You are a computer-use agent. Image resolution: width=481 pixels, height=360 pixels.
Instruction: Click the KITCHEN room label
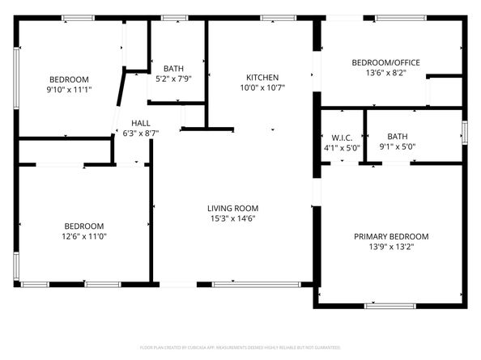tap(262, 78)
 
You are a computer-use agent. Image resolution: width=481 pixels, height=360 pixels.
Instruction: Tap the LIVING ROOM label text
tap(232, 208)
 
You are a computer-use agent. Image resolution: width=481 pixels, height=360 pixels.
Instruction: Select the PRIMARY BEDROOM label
tap(391, 236)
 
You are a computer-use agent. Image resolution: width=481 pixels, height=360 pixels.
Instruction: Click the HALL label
tap(140, 123)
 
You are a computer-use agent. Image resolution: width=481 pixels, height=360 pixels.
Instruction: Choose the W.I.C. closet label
tap(340, 138)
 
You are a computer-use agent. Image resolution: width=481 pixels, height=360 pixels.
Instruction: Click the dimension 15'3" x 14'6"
tap(232, 218)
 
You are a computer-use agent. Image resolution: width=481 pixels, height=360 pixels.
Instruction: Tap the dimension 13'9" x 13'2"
tap(391, 247)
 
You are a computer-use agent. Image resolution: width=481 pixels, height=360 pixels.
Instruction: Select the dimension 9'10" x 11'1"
tap(69, 90)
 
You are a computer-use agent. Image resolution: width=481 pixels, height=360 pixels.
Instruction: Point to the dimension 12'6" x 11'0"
tap(85, 236)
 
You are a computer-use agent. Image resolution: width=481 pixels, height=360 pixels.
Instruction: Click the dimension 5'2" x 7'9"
tap(173, 78)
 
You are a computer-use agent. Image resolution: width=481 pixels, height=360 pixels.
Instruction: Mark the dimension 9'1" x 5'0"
tap(397, 147)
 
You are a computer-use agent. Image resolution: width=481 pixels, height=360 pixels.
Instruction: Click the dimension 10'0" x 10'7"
tap(262, 88)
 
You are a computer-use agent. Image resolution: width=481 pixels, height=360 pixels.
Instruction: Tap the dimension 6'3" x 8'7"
tap(140, 133)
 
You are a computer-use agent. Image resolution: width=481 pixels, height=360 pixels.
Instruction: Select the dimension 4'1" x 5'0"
tap(340, 148)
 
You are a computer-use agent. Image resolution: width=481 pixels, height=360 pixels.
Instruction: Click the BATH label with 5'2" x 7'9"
tap(173, 68)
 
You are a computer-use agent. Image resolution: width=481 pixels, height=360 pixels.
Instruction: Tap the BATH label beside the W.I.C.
tap(397, 137)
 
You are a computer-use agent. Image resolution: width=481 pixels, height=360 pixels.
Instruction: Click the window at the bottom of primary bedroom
tap(390, 306)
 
